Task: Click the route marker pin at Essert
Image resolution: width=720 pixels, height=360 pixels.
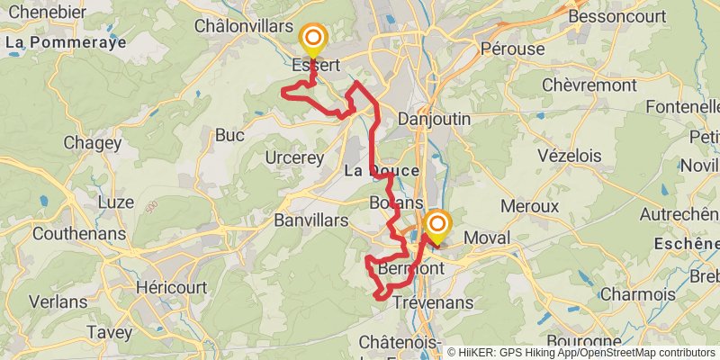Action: point(313,38)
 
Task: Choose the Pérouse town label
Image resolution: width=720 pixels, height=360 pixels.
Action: point(513,49)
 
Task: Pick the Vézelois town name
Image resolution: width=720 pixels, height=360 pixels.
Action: point(569,155)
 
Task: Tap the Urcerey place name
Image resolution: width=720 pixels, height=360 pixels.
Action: point(294,157)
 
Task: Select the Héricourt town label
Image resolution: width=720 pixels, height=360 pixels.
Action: point(170,288)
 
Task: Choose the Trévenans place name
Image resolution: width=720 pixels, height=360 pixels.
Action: point(433,303)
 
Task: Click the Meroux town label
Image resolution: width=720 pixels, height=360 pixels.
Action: point(529,206)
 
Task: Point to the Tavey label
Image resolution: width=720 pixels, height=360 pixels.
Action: point(110,333)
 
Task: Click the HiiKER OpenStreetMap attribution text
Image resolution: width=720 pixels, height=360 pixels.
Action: point(581,352)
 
